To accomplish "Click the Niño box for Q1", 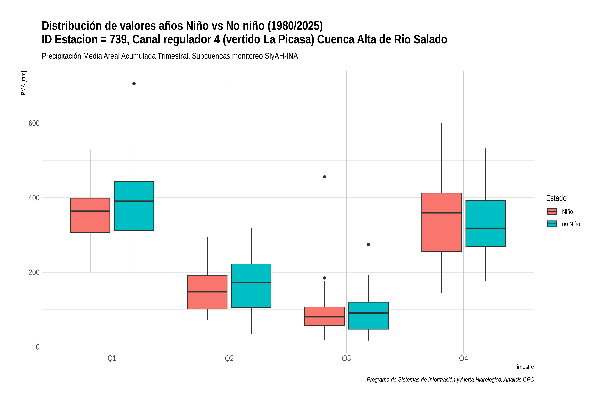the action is pyautogui.click(x=90, y=215).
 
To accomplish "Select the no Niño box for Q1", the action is pyautogui.click(x=134, y=206).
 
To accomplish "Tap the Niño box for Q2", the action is pyautogui.click(x=207, y=292).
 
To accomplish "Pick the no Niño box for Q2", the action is pyautogui.click(x=251, y=286).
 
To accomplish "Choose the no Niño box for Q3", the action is pyautogui.click(x=368, y=316).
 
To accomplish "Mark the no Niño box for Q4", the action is pyautogui.click(x=486, y=224).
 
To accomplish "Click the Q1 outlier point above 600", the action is pyautogui.click(x=134, y=84).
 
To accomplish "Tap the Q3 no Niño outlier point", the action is pyautogui.click(x=368, y=245).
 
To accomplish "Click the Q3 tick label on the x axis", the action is pyautogui.click(x=347, y=358).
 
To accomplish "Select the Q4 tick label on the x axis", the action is pyautogui.click(x=463, y=358).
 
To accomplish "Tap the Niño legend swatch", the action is pyautogui.click(x=552, y=212).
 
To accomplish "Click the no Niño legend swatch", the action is pyautogui.click(x=552, y=224).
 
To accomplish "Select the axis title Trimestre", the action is pyautogui.click(x=523, y=367).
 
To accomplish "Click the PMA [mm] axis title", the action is pyautogui.click(x=23, y=83).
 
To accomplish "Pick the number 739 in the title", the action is pyautogui.click(x=119, y=39).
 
